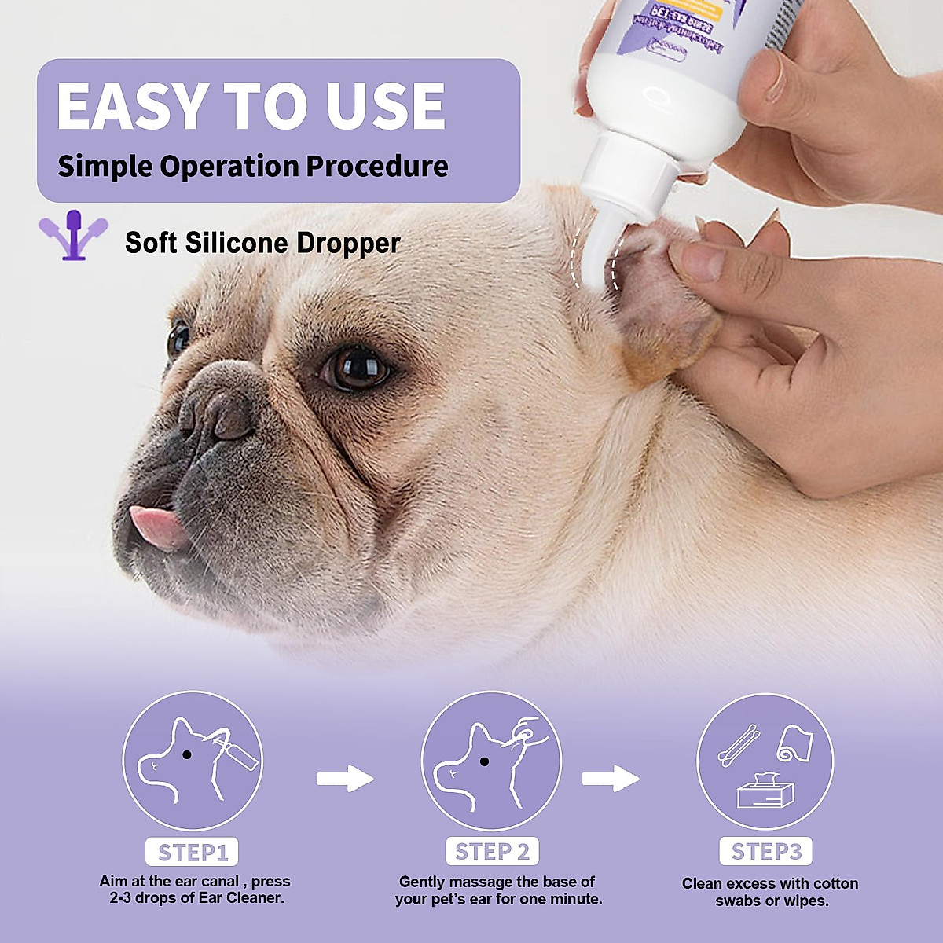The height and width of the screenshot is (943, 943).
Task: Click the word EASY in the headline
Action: pos(132,106)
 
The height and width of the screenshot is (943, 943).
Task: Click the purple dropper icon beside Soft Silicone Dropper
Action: pos(73,234)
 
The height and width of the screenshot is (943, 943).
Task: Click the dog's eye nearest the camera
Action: pos(355,367)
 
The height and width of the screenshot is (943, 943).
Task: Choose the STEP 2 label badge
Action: pos(493,852)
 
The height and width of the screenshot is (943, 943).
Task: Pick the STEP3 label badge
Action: pos(766,852)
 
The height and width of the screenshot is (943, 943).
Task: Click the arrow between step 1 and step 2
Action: pos(344,779)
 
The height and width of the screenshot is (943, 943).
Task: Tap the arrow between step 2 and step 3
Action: pos(611,779)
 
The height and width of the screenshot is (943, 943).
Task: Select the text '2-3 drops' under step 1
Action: pos(141,898)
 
